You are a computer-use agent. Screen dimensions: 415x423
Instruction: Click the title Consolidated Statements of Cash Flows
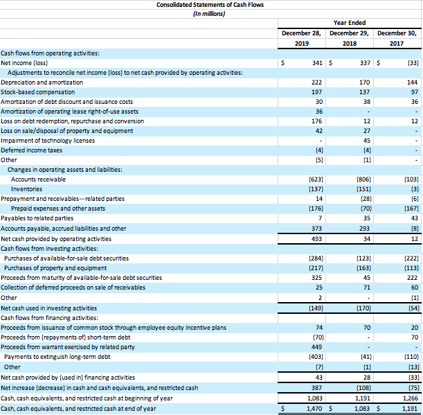point(210,5)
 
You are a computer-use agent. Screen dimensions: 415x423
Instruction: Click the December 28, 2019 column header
point(301,37)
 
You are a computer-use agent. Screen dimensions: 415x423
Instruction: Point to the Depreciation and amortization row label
point(42,82)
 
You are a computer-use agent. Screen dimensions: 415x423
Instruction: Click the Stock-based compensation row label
point(37,91)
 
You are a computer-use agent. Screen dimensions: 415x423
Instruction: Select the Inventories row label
point(26,188)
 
